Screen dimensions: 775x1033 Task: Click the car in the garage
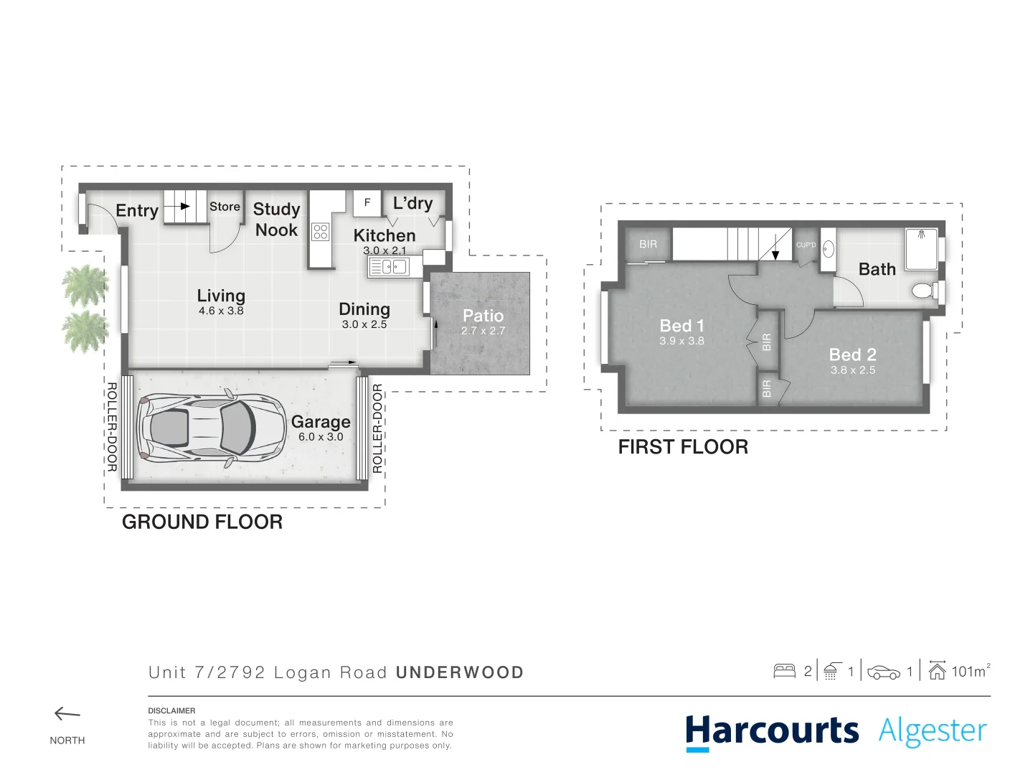pos(200,429)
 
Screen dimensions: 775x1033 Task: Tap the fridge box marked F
pos(367,203)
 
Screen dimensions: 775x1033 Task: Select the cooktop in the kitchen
pos(321,232)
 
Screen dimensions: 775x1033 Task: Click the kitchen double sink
pos(388,267)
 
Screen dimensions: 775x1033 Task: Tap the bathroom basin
pos(828,250)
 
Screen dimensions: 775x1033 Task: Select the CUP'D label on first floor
pos(806,245)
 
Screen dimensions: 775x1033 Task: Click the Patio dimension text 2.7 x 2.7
pos(483,331)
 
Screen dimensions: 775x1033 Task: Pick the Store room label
pos(225,207)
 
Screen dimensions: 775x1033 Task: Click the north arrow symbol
pos(67,714)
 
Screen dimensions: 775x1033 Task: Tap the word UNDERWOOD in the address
pos(460,673)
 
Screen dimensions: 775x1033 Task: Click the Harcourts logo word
pos(772,731)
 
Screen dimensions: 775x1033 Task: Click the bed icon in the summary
pos(784,672)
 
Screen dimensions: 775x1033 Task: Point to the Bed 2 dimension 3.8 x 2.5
pos(853,370)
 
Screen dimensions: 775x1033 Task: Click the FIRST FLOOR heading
pos(683,447)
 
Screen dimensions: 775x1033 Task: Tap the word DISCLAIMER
pos(171,711)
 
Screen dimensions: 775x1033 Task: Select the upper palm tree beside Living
pos(85,285)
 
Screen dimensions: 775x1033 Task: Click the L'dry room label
pos(412,203)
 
